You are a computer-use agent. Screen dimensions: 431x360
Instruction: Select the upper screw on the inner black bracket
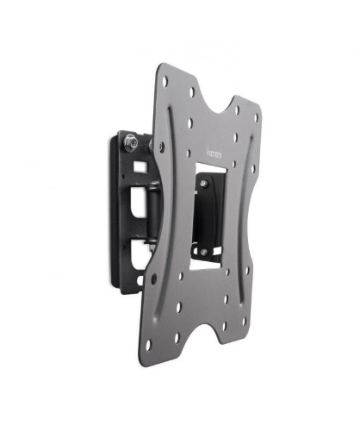[203, 184]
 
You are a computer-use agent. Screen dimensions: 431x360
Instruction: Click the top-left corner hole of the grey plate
[164, 82]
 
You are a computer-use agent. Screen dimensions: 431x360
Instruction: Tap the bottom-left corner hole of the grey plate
[148, 344]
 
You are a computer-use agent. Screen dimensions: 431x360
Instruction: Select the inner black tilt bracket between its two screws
[207, 215]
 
